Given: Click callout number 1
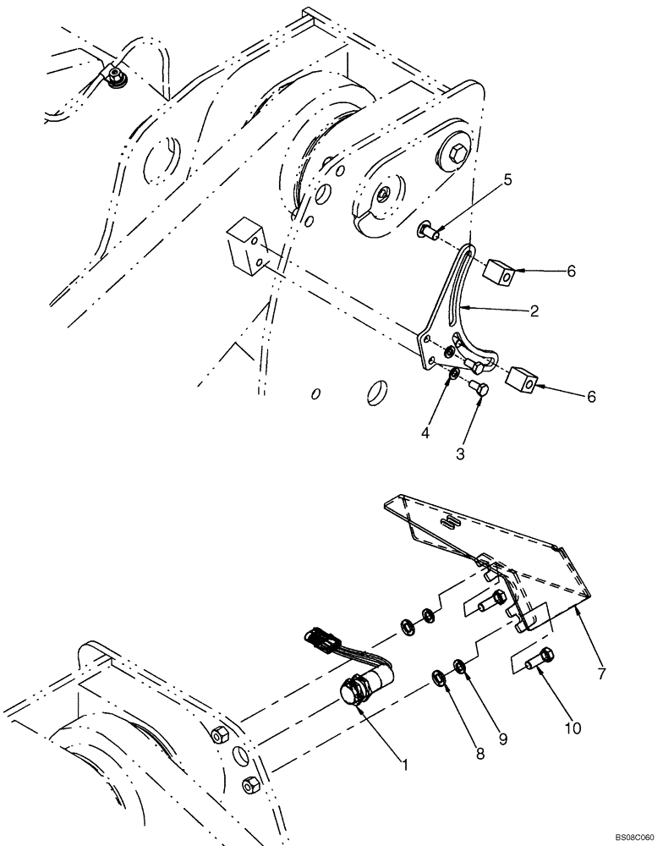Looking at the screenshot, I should click(405, 766).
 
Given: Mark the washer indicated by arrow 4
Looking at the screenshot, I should click(453, 373).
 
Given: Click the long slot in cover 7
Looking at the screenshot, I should click(453, 524).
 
